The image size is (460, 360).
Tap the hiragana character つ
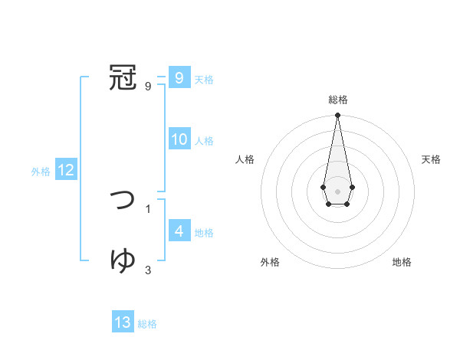123,200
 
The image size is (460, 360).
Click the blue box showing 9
179,77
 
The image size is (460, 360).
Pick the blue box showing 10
179,139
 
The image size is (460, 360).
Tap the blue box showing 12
65,171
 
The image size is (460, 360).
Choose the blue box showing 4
179,231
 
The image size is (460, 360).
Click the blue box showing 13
123,322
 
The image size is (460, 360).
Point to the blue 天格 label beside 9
204,80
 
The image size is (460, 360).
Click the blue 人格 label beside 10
204,141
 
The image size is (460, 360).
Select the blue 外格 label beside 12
41,172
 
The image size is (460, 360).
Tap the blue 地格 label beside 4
204,233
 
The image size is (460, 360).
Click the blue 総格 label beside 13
147,324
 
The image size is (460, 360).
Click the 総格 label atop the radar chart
337,100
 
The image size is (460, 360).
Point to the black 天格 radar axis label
432,159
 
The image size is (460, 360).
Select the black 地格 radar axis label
402,262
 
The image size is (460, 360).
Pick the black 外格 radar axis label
270,262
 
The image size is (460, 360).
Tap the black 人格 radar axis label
245,159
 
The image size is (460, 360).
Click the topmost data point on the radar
337,116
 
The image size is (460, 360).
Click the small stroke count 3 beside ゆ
148,270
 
